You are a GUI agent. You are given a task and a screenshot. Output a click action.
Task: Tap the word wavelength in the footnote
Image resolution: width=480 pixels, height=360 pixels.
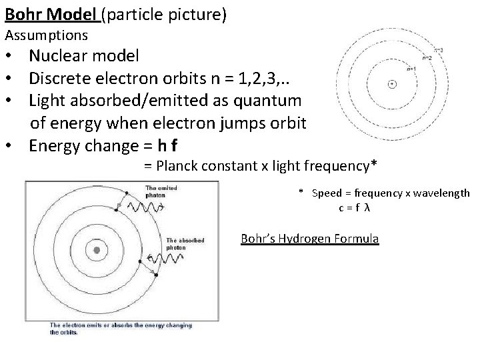click(440, 193)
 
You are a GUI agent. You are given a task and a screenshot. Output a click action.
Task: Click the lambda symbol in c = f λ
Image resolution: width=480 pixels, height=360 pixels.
click(367, 207)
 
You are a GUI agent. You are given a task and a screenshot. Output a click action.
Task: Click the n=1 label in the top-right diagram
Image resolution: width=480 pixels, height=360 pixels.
click(411, 68)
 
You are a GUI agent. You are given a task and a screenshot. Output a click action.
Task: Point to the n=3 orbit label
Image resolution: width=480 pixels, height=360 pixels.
click(437, 49)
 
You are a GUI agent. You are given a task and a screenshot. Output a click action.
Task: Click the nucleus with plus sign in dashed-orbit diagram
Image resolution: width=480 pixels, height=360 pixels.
click(392, 83)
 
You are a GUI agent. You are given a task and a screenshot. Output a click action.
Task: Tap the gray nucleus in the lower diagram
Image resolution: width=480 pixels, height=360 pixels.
click(97, 250)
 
